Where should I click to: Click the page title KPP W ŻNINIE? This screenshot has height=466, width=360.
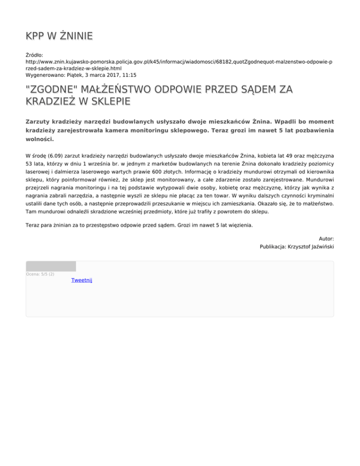coord(59,36)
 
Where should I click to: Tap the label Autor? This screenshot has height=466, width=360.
coord(326,238)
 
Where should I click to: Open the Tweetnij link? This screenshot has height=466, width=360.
coord(82,280)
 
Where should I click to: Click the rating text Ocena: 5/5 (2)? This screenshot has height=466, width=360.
coord(40,274)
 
